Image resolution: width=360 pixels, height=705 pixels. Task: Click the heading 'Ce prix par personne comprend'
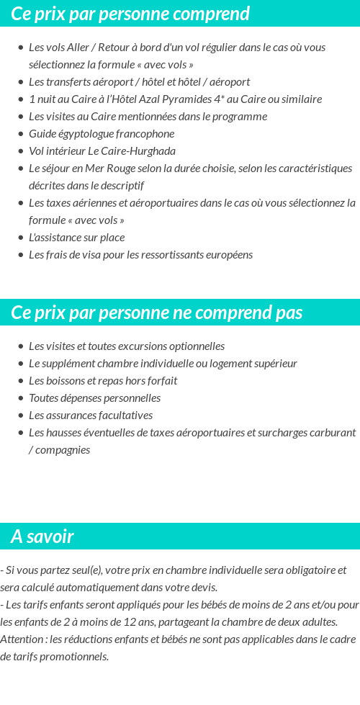(x=130, y=14)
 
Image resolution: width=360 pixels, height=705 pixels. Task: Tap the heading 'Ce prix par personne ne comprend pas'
(x=157, y=313)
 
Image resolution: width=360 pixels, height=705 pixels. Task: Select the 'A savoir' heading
(x=42, y=536)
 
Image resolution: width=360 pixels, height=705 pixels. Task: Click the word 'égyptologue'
(x=84, y=134)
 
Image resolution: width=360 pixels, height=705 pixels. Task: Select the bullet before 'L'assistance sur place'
(x=21, y=238)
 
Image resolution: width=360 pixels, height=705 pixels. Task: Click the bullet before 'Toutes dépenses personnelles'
(x=21, y=398)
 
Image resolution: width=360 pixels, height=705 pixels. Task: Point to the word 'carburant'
(x=333, y=433)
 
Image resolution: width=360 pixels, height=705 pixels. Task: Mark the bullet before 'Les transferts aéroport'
(x=21, y=82)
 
